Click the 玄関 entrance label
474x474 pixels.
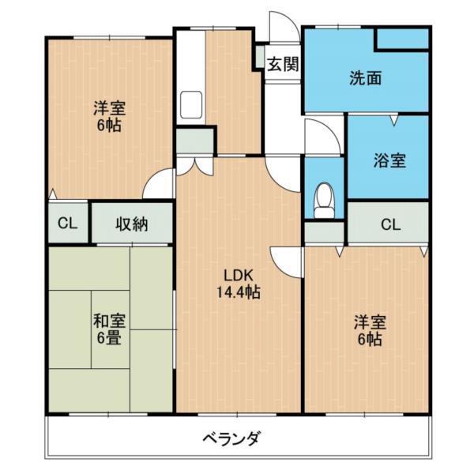pyautogui.click(x=282, y=64)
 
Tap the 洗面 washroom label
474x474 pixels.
pyautogui.click(x=367, y=78)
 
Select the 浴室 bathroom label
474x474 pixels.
pyautogui.click(x=389, y=161)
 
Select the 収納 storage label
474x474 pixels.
pyautogui.click(x=133, y=224)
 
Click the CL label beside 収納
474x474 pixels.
pyautogui.click(x=68, y=224)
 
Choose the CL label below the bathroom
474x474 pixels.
pyautogui.click(x=390, y=224)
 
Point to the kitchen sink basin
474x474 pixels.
pyautogui.click(x=191, y=103)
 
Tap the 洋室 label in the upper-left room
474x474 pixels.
pyautogui.click(x=109, y=108)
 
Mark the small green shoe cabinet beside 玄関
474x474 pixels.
pyautogui.click(x=259, y=58)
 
